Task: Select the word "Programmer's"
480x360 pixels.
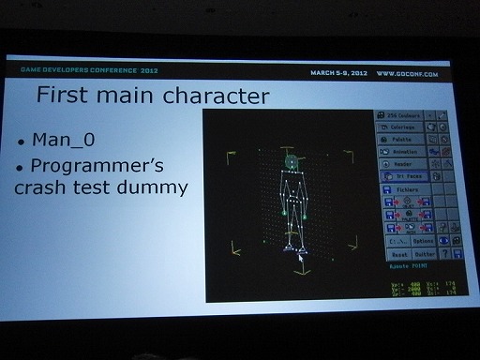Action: click(98, 166)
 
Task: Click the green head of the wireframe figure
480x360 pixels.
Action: click(292, 164)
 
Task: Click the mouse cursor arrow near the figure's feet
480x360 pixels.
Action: click(300, 255)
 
